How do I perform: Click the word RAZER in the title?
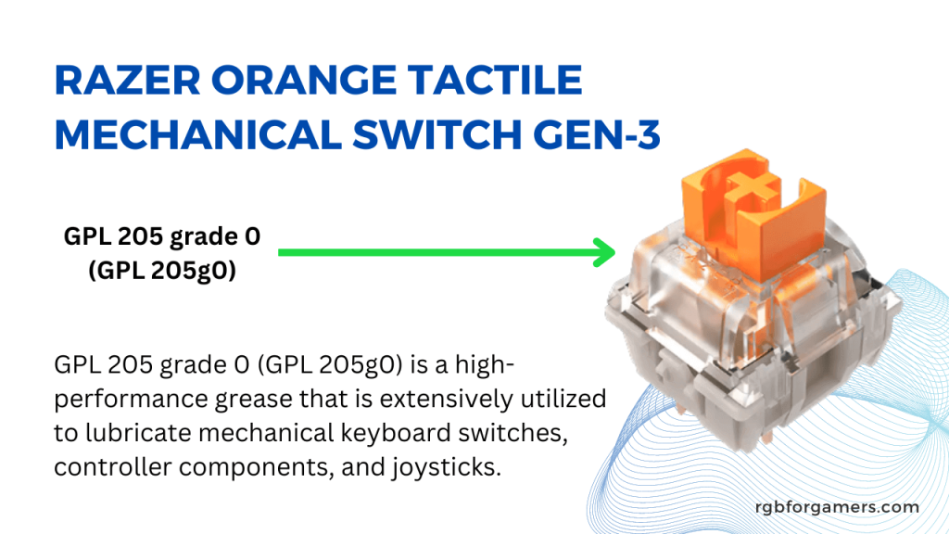pyautogui.click(x=127, y=80)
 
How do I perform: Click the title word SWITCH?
pyautogui.click(x=437, y=133)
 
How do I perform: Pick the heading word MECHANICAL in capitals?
pyautogui.click(x=198, y=133)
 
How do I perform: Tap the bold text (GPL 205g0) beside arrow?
pyautogui.click(x=162, y=270)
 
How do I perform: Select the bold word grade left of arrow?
pyautogui.click(x=204, y=236)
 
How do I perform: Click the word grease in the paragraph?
pyautogui.click(x=255, y=399)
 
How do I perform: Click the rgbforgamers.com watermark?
pyautogui.click(x=837, y=507)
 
